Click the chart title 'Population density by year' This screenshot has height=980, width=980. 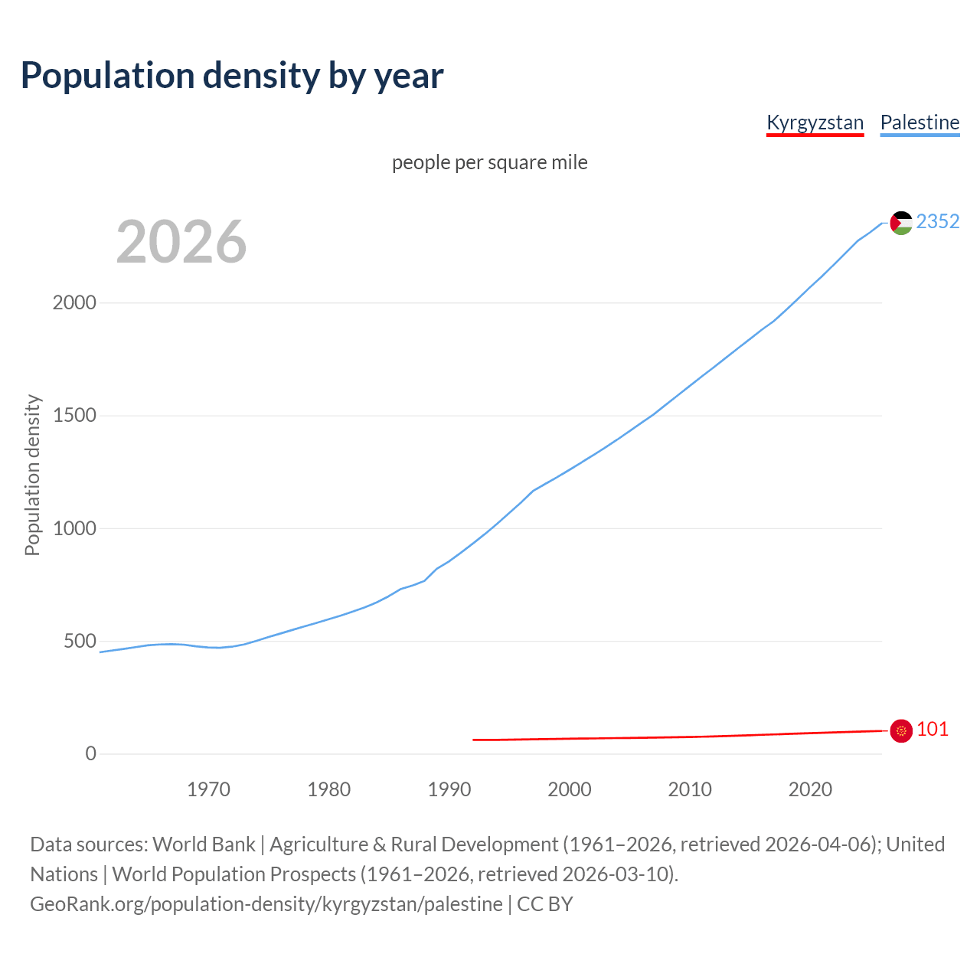pos(232,76)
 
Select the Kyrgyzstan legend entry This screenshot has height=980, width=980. pos(815,122)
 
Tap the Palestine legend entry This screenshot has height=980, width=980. pos(920,122)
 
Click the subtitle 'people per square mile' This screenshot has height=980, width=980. pos(489,162)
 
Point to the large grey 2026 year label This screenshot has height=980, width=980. pos(181,242)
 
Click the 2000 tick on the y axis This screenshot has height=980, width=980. pos(74,302)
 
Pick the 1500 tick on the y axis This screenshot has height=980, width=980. pos(74,415)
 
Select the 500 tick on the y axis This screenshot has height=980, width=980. pos(80,641)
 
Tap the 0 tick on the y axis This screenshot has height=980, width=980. pos(91,753)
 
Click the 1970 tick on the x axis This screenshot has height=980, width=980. pos(208,789)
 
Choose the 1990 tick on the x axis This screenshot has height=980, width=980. pos(449,789)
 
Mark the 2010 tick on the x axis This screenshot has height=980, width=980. pos(690,789)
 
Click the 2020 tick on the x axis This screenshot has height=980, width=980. pos(810,789)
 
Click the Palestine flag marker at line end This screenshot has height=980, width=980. pos(901,223)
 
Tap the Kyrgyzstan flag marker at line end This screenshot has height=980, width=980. pos(901,731)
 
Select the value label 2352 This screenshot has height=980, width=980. pos(937,221)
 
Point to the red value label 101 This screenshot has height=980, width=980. pos(932,729)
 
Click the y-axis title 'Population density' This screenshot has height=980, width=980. pos(32,475)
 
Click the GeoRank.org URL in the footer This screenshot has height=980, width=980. pos(266,904)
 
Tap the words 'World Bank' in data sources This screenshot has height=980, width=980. pos(204,844)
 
